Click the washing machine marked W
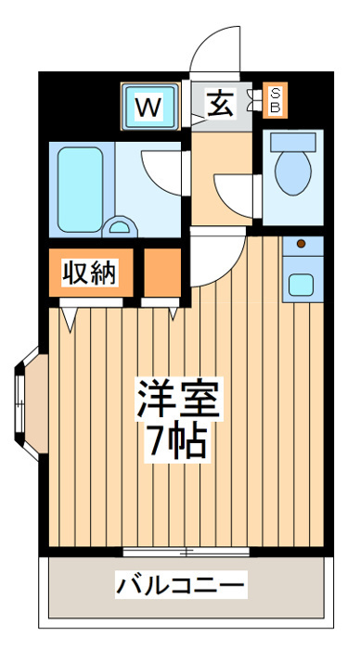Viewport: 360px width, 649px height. (150, 107)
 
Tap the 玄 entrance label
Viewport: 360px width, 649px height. (221, 104)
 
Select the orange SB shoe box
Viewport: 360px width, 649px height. (275, 100)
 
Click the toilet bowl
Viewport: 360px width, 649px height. (293, 172)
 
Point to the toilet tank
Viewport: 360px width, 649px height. (293, 142)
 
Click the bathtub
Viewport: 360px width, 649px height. (81, 189)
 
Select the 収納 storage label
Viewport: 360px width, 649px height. (89, 273)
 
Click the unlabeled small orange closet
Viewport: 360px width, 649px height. (162, 273)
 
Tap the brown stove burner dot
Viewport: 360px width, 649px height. (302, 244)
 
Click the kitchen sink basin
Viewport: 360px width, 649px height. (301, 286)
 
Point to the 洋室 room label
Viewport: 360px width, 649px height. (178, 399)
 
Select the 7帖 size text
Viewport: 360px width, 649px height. (178, 442)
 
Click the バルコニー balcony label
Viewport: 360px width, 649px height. (181, 585)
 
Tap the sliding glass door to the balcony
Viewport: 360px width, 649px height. (186, 552)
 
